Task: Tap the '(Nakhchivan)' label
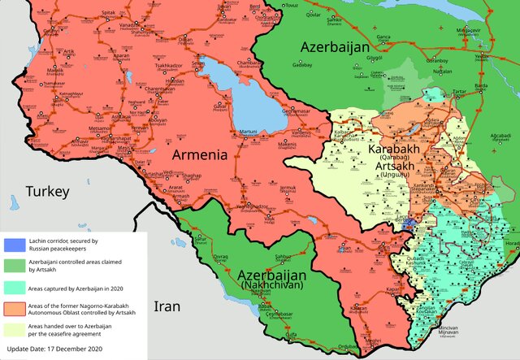point(271,287)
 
